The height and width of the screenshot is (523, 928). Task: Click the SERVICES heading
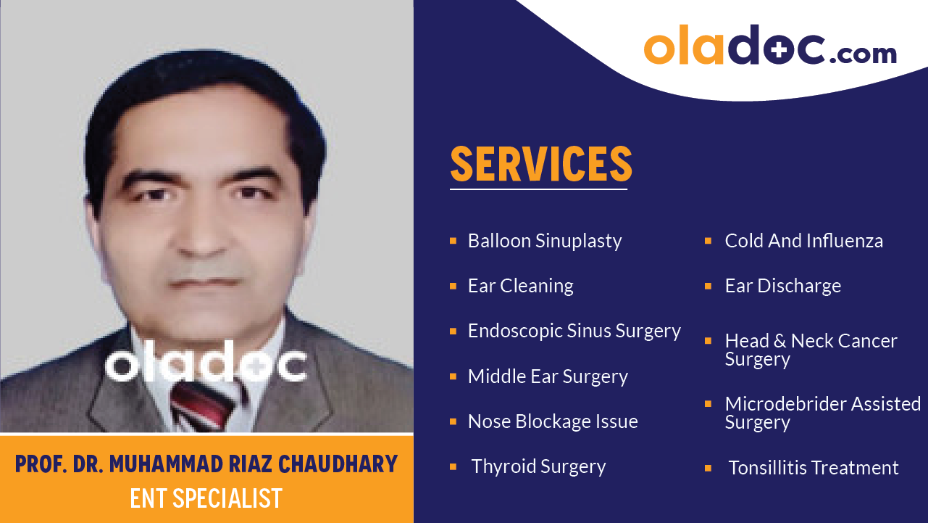tap(541, 164)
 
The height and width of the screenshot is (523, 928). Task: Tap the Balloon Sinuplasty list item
tap(545, 241)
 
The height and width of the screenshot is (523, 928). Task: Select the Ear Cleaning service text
tap(520, 286)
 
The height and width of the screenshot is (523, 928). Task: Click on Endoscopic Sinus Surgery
tap(574, 331)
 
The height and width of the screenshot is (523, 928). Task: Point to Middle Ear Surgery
tap(548, 376)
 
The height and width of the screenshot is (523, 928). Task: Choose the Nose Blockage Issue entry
tap(553, 421)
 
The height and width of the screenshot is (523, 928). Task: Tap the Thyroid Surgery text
tap(538, 466)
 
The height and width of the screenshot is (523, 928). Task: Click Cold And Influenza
tap(803, 241)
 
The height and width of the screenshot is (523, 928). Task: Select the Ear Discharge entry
tap(782, 286)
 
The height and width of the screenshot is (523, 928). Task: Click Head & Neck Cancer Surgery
tap(811, 350)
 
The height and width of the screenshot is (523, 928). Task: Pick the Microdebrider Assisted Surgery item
tap(822, 413)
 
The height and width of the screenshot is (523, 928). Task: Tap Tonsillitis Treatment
tap(813, 468)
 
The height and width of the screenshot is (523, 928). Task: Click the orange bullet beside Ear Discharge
tap(708, 286)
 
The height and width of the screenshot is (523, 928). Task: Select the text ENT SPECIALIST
tap(206, 498)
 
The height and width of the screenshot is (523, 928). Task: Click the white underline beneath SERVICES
tap(538, 189)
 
